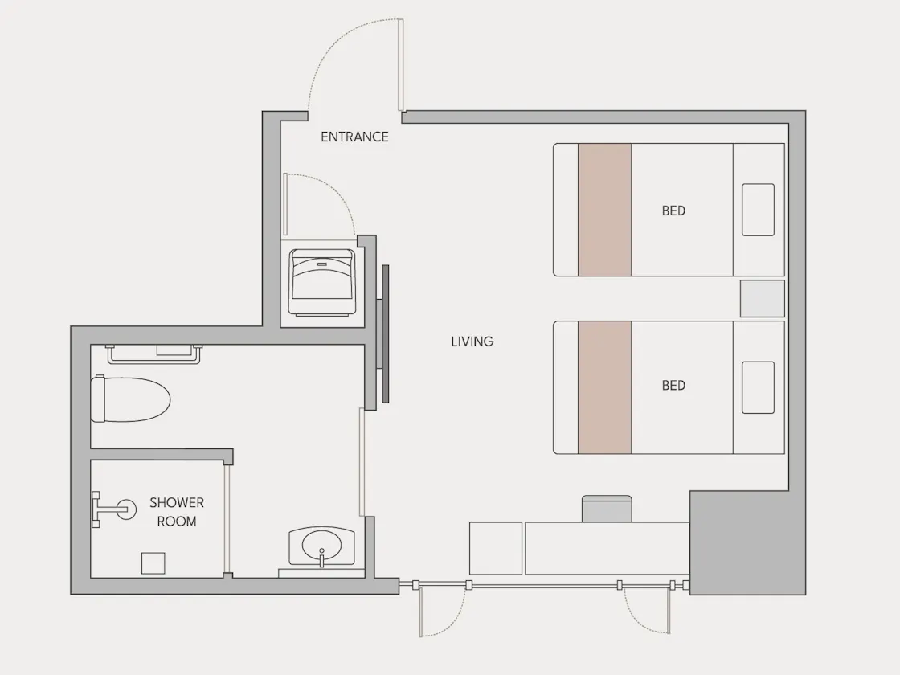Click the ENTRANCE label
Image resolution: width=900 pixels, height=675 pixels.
point(354,137)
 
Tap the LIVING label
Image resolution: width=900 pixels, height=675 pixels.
point(472,342)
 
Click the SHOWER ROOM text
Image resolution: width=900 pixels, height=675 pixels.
point(177,511)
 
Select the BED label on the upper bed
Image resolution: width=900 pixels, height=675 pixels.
point(673,211)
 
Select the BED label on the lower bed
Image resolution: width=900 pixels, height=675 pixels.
point(673,385)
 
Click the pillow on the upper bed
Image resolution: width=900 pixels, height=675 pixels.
point(758,210)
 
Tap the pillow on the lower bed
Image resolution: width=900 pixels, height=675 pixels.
point(758,387)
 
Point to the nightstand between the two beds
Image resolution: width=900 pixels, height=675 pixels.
point(763,298)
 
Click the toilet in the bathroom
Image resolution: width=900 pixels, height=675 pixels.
point(131,399)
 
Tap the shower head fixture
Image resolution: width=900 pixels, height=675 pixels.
point(114,509)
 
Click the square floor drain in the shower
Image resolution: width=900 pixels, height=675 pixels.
point(153,563)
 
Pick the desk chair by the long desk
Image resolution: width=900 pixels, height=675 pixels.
point(607,509)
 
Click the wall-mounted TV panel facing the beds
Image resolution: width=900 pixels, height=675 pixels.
point(386,333)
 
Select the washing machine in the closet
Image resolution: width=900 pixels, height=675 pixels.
point(321,282)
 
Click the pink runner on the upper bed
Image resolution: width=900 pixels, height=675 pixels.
point(605,210)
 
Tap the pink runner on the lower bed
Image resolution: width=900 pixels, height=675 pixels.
point(605,387)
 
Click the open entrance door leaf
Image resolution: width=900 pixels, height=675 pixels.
point(401,65)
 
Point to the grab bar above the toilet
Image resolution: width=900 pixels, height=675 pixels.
point(153,354)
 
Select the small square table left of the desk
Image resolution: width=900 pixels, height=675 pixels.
point(495,548)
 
